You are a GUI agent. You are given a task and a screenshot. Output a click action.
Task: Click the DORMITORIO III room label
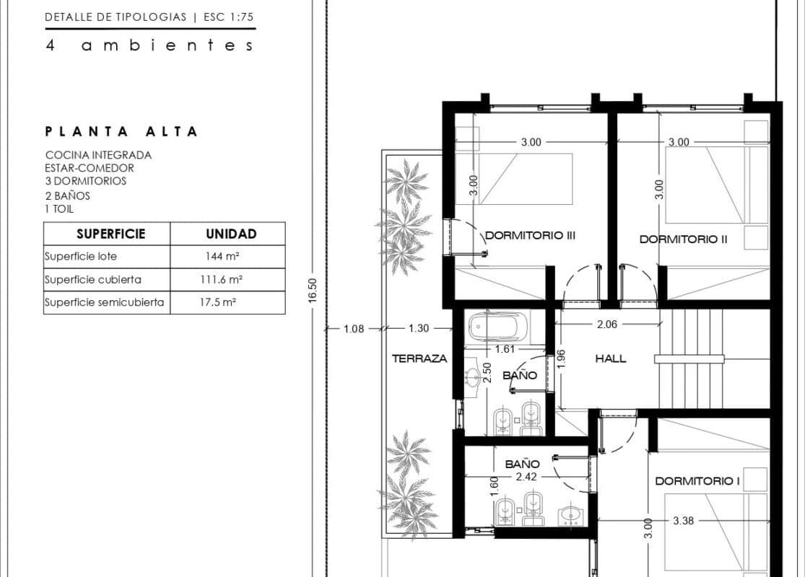tap(531, 235)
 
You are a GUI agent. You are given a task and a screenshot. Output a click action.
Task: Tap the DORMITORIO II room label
tap(683, 239)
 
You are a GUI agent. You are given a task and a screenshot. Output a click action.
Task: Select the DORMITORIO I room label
tap(697, 481)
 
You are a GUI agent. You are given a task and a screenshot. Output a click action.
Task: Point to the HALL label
tap(610, 358)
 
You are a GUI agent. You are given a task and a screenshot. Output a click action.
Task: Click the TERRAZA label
tap(419, 358)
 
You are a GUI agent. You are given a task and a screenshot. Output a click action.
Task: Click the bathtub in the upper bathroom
tap(497, 326)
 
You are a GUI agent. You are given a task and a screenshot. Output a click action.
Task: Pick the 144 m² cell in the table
tap(222, 256)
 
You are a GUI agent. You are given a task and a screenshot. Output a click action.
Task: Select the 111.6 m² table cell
tap(221, 280)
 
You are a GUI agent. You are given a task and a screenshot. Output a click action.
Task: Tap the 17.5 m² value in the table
tap(218, 302)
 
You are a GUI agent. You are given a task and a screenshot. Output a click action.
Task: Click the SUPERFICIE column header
tap(111, 234)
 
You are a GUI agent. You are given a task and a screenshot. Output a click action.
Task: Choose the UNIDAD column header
tap(231, 234)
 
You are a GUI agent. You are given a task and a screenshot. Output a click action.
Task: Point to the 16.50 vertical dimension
tap(313, 291)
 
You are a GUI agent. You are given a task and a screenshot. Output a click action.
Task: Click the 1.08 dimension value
tap(354, 329)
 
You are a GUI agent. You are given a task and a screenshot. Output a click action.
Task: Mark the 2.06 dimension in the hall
tap(607, 324)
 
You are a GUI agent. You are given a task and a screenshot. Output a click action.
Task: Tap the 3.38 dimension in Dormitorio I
tap(683, 521)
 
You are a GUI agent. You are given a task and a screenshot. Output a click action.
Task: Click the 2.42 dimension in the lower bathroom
tap(526, 477)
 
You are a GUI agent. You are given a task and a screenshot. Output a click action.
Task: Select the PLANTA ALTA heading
tap(121, 131)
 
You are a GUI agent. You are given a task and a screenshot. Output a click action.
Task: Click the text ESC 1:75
tap(228, 17)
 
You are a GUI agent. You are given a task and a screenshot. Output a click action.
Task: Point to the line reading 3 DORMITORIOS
tap(86, 181)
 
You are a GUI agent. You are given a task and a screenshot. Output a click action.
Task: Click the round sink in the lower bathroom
tap(571, 514)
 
